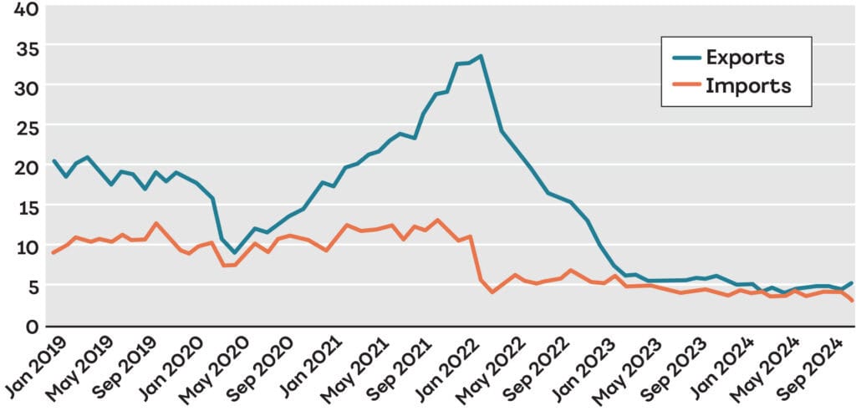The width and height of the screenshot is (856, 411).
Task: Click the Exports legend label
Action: pos(745,58)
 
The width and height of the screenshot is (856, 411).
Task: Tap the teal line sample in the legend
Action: pos(687,58)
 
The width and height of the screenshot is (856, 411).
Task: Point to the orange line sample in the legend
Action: pos(687,85)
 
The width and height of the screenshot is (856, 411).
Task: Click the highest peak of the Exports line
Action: pos(481,56)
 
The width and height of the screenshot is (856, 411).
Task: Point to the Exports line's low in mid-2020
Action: pos(235,252)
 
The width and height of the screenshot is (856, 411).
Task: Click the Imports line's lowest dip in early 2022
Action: pos(492,292)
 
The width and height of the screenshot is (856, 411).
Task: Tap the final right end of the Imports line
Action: pos(852,301)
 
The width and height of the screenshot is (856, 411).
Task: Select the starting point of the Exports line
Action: pos(53,161)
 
